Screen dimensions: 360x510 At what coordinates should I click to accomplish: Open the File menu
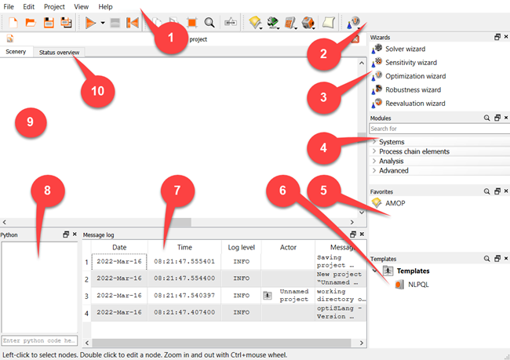(x=9, y=6)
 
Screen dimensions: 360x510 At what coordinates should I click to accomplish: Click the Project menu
(x=54, y=6)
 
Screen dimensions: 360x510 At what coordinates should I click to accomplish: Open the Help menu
(x=105, y=6)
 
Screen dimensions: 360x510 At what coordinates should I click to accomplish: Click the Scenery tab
(x=16, y=52)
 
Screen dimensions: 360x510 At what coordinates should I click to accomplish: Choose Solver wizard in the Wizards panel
(x=405, y=49)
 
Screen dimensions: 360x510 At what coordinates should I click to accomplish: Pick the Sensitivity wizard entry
(x=410, y=62)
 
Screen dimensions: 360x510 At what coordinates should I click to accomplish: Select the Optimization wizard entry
(x=415, y=76)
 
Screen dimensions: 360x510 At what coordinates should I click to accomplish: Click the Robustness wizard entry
(x=413, y=89)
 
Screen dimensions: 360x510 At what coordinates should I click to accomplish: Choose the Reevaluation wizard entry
(x=415, y=103)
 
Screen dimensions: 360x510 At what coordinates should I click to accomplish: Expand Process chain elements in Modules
(x=414, y=151)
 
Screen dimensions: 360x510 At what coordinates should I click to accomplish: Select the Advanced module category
(x=393, y=170)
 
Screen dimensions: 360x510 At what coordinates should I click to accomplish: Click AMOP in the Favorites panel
(x=395, y=203)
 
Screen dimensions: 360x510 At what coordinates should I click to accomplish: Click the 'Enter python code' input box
(x=39, y=340)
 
